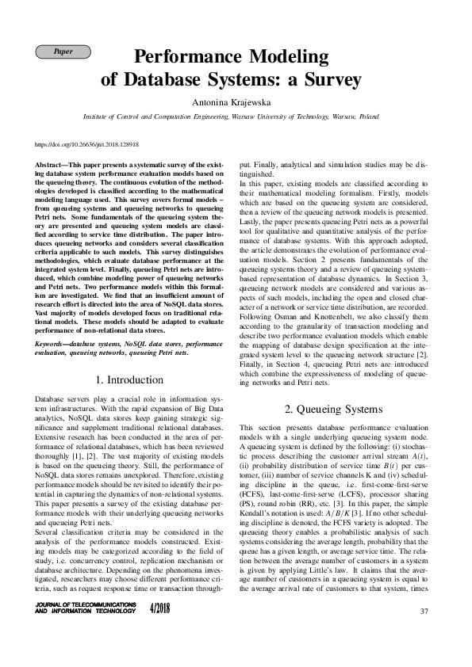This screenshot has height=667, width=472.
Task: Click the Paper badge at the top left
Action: pos(63,51)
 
